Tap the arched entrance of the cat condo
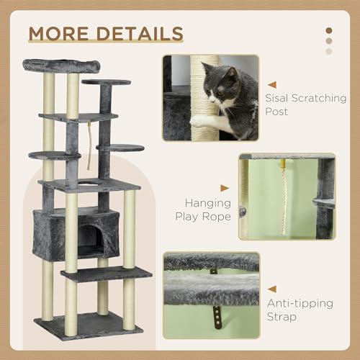89,238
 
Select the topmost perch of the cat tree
60,65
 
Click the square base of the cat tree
89,325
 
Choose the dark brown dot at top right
329,30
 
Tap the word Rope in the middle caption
217,216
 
